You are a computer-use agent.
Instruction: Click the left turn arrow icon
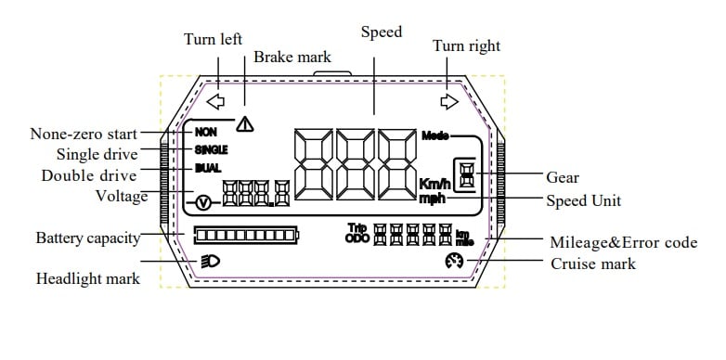[215, 101]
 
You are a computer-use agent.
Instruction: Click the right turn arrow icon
[449, 101]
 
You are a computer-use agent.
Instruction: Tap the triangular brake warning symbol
[244, 124]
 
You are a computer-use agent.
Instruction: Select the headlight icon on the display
[211, 262]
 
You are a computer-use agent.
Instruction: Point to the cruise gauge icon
[454, 261]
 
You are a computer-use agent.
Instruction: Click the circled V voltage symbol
[203, 202]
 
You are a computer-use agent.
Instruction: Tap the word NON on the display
[205, 133]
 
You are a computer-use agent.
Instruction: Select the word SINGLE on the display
[211, 150]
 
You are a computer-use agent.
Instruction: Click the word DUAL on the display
[208, 169]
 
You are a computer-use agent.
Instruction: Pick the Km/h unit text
[434, 184]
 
